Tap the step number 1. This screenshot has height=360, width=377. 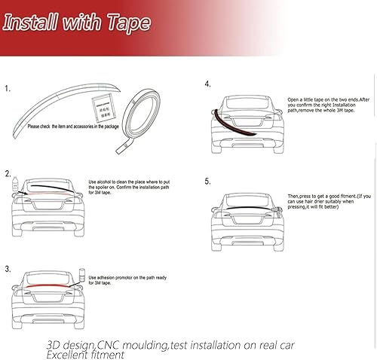pos(8,90)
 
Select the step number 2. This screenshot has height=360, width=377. pos(8,173)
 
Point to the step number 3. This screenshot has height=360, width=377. pos(8,268)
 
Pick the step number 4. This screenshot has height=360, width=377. pos(207,85)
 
